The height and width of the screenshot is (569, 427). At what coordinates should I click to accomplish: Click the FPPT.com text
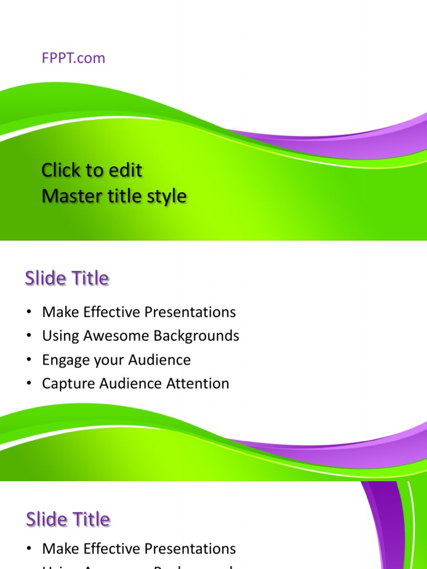tap(73, 58)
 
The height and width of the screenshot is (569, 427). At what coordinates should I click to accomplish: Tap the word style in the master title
tap(166, 196)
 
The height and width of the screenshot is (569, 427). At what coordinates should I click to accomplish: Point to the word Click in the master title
tap(61, 170)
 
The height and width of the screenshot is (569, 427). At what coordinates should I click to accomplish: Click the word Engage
tap(62, 360)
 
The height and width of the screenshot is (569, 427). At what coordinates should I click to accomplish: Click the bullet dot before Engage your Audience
tap(28, 360)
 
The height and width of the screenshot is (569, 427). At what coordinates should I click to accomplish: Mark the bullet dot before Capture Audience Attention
tap(28, 384)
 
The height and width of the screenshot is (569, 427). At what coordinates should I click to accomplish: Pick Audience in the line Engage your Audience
tap(160, 360)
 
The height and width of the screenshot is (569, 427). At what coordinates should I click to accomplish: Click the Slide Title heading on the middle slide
tap(67, 278)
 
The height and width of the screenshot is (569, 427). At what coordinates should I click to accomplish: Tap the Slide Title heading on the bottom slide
tap(68, 520)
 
